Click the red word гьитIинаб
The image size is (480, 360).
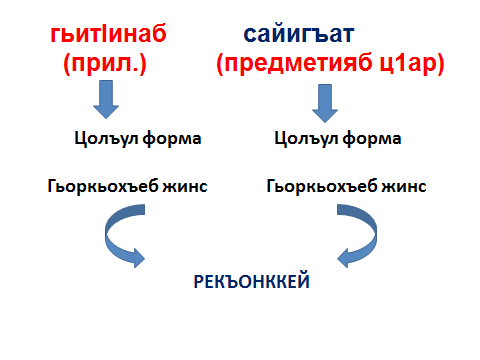point(108,34)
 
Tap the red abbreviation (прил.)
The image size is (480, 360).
point(105,63)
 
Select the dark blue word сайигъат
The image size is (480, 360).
point(298,34)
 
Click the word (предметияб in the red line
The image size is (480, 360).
point(294,63)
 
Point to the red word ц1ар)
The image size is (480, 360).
point(412,63)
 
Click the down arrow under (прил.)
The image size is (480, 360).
point(106,99)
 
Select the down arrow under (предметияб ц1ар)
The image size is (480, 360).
point(325,103)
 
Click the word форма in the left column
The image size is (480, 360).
point(172,139)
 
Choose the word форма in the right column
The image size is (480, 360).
point(372,139)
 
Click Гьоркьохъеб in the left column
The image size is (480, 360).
point(103,186)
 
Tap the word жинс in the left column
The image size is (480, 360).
point(185,187)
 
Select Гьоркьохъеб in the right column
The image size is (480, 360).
point(322,186)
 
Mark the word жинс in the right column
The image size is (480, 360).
point(404,187)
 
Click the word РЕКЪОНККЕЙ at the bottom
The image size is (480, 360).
point(252,282)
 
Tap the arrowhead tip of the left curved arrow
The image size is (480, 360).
point(145,258)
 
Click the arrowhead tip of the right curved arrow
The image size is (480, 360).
point(337,258)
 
